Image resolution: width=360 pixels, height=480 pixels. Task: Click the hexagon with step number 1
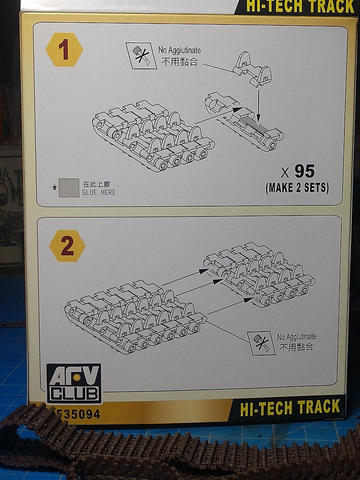click(x=64, y=50)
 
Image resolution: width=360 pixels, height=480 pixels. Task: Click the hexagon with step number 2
click(x=67, y=246)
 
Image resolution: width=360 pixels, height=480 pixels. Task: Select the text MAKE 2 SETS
click(x=297, y=188)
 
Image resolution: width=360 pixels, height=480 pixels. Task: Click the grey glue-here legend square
click(x=69, y=188)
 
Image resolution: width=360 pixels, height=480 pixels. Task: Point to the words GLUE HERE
click(x=99, y=192)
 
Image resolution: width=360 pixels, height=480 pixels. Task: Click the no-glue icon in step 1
click(x=141, y=56)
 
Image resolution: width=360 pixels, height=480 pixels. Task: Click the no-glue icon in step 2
click(x=263, y=343)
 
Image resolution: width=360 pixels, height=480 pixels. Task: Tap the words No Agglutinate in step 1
click(x=180, y=50)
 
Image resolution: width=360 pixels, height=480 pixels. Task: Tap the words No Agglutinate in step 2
click(x=296, y=337)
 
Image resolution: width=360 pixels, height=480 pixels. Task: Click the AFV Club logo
click(x=74, y=383)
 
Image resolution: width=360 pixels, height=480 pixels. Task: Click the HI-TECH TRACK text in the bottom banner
click(x=290, y=408)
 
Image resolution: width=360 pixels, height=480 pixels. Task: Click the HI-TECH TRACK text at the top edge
click(x=300, y=6)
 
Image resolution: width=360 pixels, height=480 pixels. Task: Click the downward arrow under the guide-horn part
click(x=259, y=105)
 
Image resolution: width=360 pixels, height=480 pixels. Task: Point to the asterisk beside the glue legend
click(x=55, y=188)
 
